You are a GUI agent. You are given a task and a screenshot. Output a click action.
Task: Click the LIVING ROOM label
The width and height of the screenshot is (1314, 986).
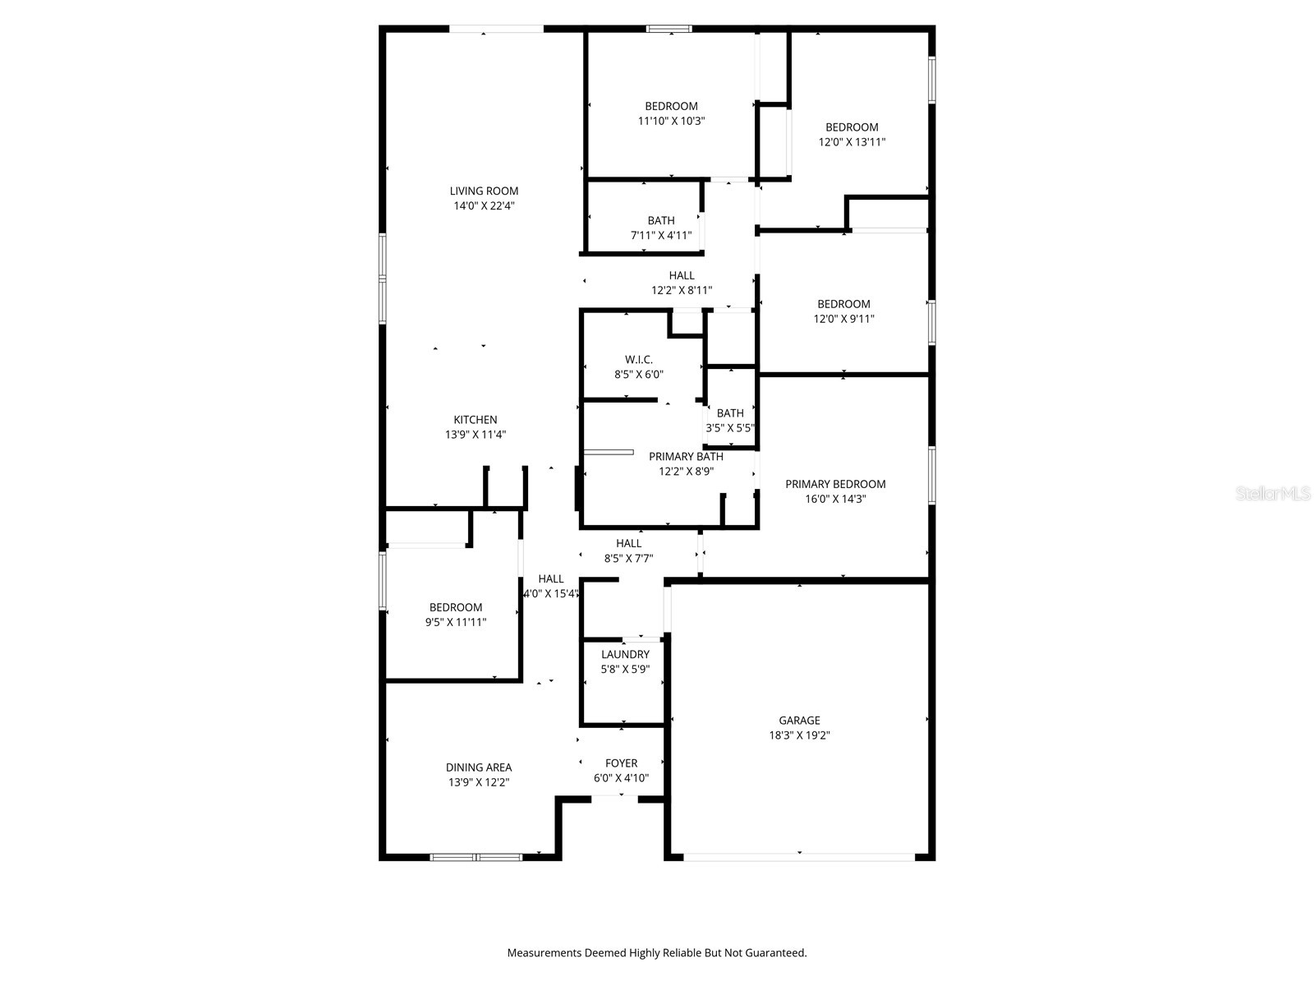click(484, 191)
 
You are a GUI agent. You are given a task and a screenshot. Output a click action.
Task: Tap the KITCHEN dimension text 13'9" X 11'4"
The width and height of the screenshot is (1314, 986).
click(476, 435)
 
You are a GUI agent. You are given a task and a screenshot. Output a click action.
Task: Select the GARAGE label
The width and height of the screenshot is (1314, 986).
click(799, 721)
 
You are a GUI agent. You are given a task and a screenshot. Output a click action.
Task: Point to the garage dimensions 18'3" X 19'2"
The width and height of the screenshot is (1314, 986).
click(799, 735)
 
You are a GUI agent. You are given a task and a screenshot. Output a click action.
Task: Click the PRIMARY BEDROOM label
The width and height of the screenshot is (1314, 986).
click(835, 484)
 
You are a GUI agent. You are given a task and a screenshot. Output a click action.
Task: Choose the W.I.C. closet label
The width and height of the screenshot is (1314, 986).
click(639, 360)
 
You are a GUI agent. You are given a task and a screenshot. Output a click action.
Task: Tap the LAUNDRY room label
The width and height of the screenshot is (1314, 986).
click(625, 654)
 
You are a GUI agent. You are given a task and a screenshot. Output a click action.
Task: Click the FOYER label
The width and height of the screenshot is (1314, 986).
click(621, 763)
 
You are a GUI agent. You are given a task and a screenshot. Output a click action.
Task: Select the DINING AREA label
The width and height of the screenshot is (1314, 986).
click(479, 767)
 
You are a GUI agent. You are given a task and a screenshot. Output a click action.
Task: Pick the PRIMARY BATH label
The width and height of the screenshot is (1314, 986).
click(686, 456)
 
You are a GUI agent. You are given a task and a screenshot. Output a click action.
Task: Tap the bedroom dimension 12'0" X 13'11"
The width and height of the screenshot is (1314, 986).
click(852, 141)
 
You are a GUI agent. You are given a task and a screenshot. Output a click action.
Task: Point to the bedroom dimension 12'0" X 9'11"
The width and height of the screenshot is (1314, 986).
click(843, 319)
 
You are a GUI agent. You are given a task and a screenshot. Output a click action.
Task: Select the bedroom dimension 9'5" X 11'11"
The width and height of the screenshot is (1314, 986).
click(456, 622)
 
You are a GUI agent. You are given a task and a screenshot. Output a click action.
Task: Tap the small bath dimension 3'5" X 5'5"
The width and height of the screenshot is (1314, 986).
click(730, 428)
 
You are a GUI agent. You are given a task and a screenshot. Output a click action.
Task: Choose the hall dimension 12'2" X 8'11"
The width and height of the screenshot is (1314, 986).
click(682, 290)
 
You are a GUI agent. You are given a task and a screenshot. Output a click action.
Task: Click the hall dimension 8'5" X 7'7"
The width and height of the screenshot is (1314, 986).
click(628, 558)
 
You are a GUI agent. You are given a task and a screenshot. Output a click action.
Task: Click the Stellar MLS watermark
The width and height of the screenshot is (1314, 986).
click(1274, 494)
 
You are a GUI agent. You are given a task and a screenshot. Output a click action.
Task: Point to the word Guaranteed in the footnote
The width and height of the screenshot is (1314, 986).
click(775, 953)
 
